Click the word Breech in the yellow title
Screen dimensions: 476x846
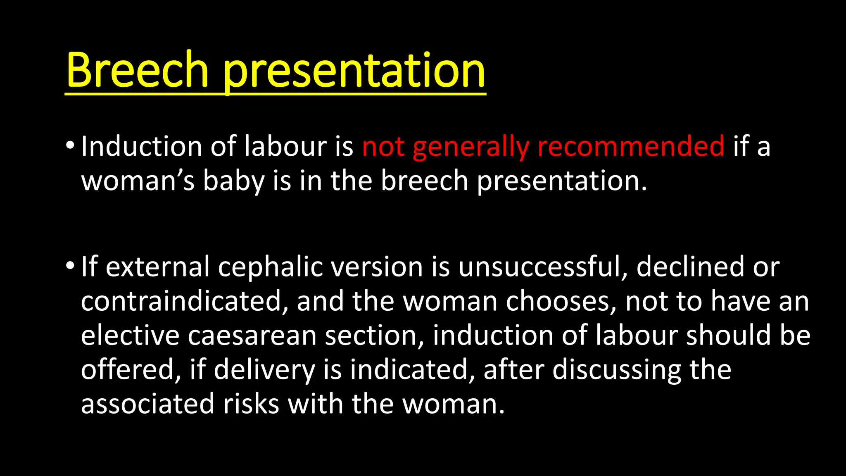(137, 70)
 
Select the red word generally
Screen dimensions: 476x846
(471, 147)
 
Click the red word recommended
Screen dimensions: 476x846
(631, 147)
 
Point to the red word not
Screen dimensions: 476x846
(383, 147)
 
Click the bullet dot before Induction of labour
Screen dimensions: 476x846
(70, 145)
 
